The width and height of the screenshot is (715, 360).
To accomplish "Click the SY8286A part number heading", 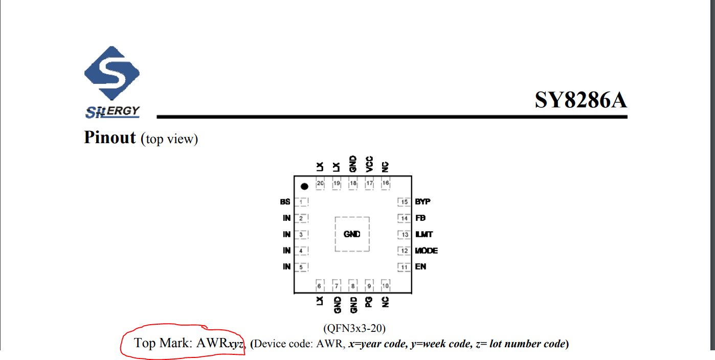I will pyautogui.click(x=580, y=100).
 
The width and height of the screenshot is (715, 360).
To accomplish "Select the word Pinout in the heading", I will pyautogui.click(x=110, y=138).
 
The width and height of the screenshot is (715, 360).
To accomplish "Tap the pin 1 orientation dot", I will pyautogui.click(x=305, y=187).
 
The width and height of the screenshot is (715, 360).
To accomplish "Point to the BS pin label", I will pyautogui.click(x=285, y=202).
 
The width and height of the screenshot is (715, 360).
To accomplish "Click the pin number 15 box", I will pyautogui.click(x=405, y=202).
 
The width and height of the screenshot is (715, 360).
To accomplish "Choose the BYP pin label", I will pyautogui.click(x=422, y=202).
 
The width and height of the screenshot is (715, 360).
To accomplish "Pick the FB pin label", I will pyautogui.click(x=420, y=218).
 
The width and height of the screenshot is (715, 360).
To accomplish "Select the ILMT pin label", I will pyautogui.click(x=424, y=234).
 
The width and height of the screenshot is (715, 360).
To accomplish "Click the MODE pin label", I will pyautogui.click(x=427, y=251).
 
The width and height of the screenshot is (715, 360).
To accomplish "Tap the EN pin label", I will pyautogui.click(x=420, y=267).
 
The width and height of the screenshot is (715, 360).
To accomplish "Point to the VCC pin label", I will pyautogui.click(x=369, y=164).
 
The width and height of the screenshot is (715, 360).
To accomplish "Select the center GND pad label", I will pyautogui.click(x=352, y=234).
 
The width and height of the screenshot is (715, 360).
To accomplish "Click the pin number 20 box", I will pyautogui.click(x=321, y=183).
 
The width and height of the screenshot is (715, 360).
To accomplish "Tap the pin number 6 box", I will pyautogui.click(x=320, y=285).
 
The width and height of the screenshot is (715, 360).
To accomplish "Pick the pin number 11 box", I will pyautogui.click(x=405, y=267).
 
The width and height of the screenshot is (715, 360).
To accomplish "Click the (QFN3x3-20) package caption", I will pyautogui.click(x=354, y=327).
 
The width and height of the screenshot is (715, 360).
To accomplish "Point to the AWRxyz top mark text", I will pyautogui.click(x=220, y=343).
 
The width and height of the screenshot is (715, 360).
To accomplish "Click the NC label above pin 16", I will pyautogui.click(x=386, y=167).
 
